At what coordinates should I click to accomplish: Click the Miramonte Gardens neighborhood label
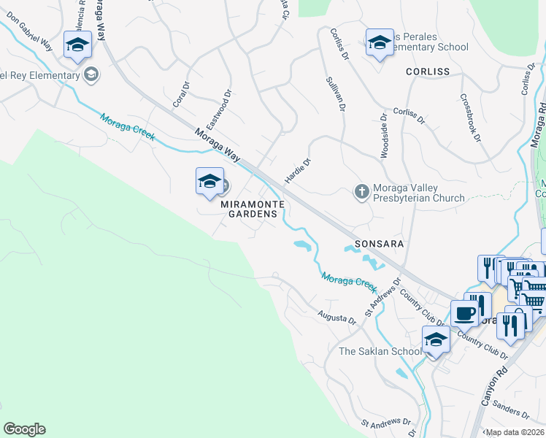point(250,209)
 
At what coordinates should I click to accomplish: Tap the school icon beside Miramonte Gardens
point(209,181)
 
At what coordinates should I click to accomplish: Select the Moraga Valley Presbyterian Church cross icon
point(361,191)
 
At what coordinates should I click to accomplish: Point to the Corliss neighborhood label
point(428,72)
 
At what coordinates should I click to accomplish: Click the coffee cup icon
point(464,315)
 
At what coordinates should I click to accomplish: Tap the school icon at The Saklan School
point(436,340)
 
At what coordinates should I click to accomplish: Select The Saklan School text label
point(380,351)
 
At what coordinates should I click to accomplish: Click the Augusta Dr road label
point(336,318)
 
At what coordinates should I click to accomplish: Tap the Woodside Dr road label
point(382,136)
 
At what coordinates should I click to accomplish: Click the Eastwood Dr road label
point(218,106)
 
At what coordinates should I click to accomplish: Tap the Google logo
point(24,429)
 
